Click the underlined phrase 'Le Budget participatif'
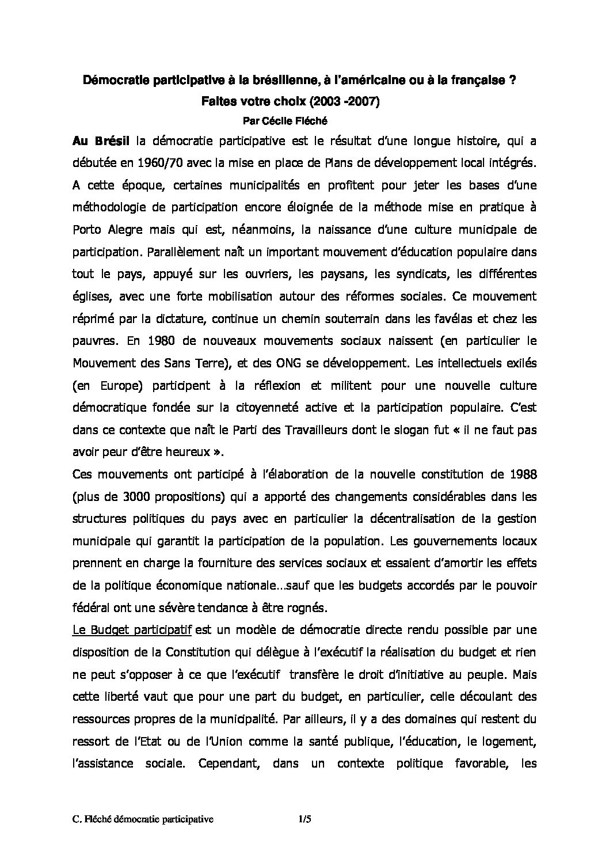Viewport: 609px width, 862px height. click(132, 630)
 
